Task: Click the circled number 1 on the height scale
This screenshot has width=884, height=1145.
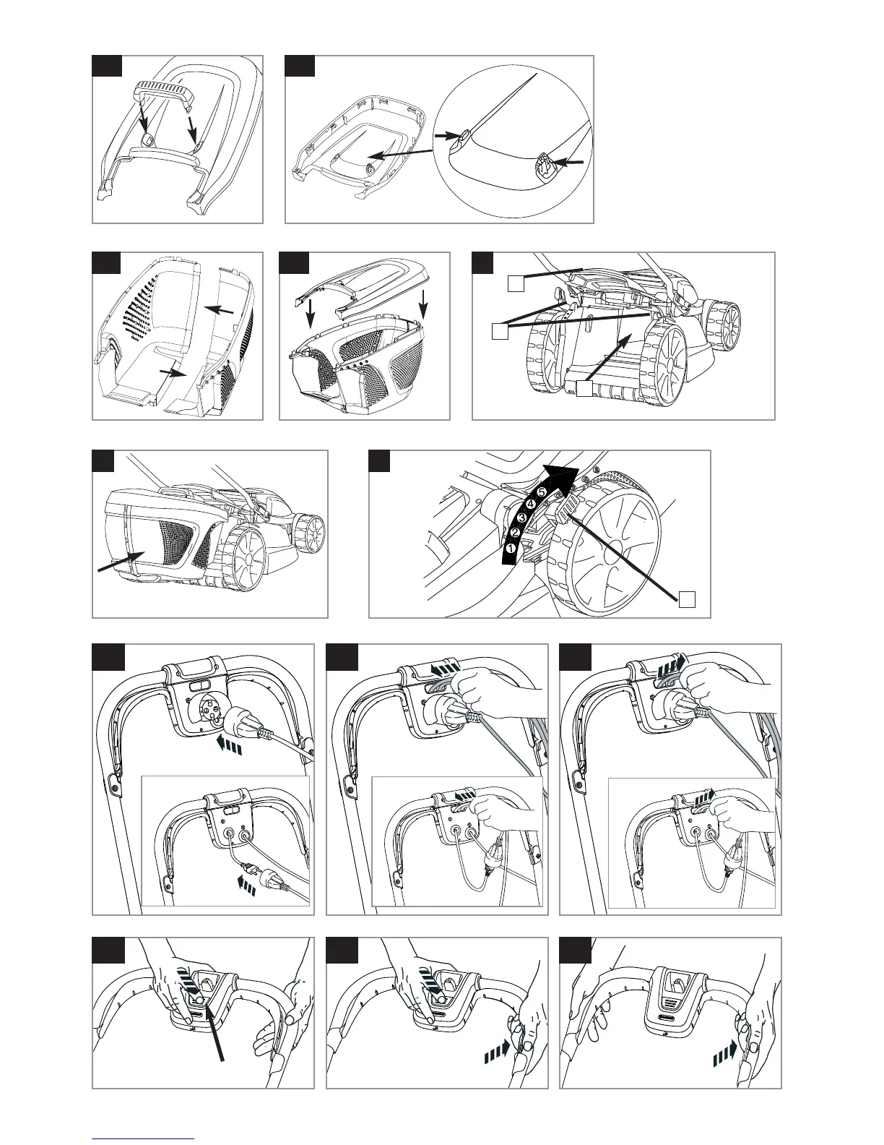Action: [510, 549]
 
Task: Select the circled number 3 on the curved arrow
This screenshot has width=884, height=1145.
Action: [521, 518]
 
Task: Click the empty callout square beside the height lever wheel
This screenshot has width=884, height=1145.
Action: [688, 599]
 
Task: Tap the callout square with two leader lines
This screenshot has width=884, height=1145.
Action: [498, 331]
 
